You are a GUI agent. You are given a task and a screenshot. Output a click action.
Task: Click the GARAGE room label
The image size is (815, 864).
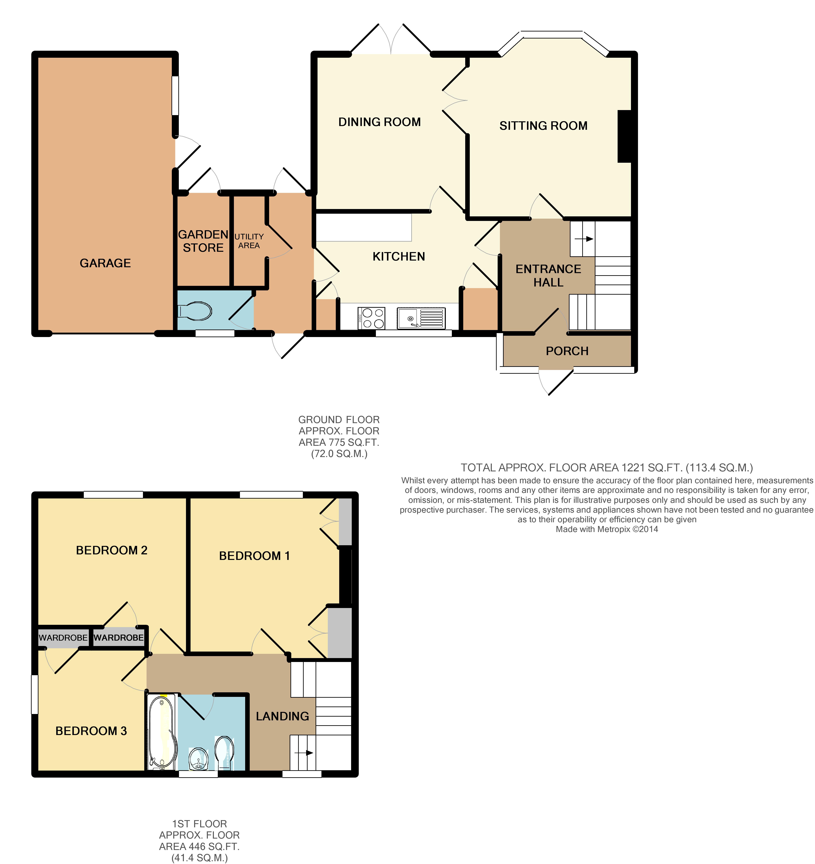pos(105,263)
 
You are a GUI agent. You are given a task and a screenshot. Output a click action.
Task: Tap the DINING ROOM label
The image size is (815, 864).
pos(379,122)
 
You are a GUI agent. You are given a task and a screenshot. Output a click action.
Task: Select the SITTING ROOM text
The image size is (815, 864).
pos(543,126)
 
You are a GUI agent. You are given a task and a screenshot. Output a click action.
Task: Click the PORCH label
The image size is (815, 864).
pos(567,351)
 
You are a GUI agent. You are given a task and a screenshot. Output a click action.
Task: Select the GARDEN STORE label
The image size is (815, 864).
pos(203,241)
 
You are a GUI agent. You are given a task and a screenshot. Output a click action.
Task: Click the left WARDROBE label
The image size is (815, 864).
pos(63,638)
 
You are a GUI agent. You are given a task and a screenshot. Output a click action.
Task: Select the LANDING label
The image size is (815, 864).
pos(282,716)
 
